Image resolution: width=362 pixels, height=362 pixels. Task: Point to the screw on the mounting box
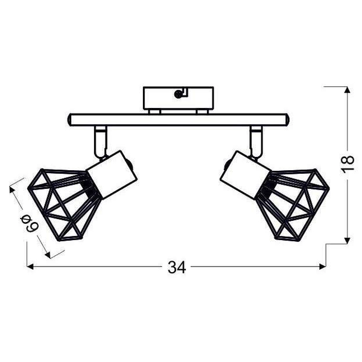click(178, 94)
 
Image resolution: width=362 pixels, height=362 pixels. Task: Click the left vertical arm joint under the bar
click(100, 141)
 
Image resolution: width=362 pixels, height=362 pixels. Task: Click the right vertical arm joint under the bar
click(256, 141)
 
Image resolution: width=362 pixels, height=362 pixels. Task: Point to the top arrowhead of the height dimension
click(346, 91)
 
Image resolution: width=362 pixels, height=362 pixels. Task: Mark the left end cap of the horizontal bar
click(71, 120)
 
